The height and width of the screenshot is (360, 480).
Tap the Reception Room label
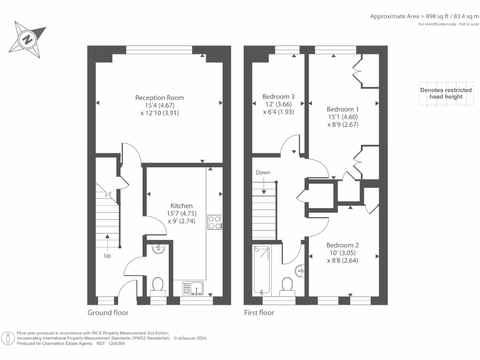click(x=159, y=97)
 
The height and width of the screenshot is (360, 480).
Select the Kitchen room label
click(x=181, y=206)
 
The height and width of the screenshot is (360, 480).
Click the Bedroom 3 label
click(x=278, y=97)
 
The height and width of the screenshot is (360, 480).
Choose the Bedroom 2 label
click(x=343, y=245)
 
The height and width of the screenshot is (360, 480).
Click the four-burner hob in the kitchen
click(x=215, y=222)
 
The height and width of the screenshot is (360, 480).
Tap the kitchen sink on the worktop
click(x=193, y=287)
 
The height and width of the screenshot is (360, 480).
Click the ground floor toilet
click(x=158, y=285)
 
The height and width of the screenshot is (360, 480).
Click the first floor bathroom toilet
click(x=286, y=285)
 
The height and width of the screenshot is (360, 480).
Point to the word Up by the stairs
click(x=107, y=256)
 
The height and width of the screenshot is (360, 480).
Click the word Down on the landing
click(x=263, y=172)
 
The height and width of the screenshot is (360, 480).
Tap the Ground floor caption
click(x=108, y=313)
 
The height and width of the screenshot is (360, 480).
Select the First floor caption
click(x=259, y=313)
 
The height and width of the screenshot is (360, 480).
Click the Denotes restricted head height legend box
click(x=442, y=93)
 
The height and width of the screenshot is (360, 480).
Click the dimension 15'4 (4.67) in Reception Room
click(x=159, y=105)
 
